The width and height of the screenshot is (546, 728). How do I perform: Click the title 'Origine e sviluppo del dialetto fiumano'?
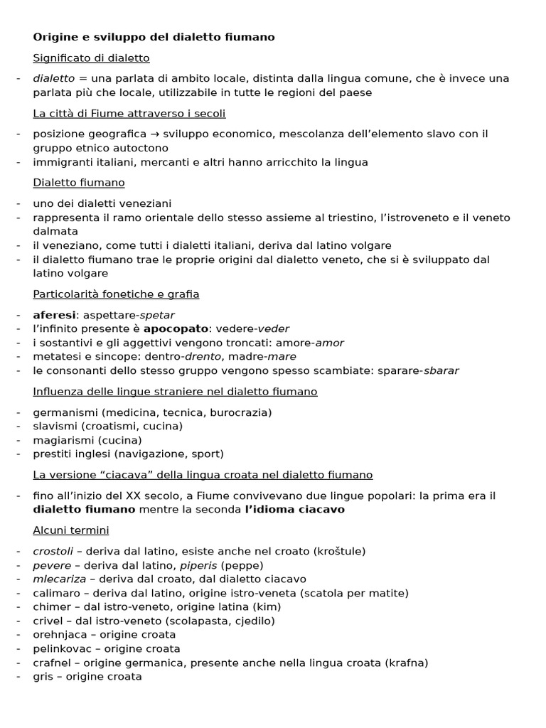tap(154, 37)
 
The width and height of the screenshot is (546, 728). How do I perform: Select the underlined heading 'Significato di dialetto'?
tap(91, 58)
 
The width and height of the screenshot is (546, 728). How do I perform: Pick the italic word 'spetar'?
tap(157, 315)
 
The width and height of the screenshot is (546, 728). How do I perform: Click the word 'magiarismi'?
tap(62, 440)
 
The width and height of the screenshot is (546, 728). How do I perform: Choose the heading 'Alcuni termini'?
tap(71, 530)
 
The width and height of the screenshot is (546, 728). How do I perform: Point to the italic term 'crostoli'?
tap(53, 552)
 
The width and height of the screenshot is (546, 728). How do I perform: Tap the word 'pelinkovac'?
tap(63, 649)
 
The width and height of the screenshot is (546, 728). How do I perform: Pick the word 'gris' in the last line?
tap(43, 677)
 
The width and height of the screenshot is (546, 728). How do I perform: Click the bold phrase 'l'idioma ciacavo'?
tap(294, 510)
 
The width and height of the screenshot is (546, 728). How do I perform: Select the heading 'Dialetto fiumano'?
tap(79, 183)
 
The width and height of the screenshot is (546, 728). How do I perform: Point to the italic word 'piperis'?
tap(198, 566)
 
